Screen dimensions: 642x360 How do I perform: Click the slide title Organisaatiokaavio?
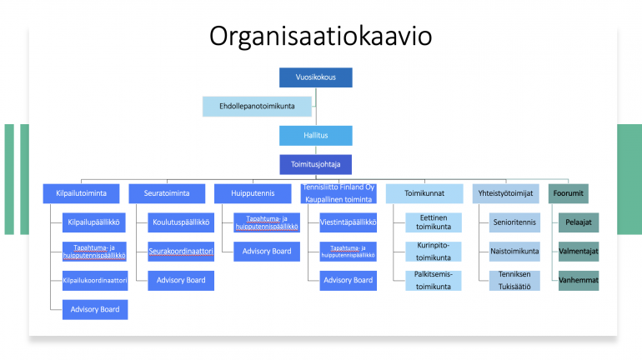click(321, 36)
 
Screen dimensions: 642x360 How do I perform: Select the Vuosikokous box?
click(316, 77)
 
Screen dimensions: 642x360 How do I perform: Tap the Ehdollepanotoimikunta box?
click(257, 107)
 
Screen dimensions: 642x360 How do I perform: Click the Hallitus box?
click(316, 135)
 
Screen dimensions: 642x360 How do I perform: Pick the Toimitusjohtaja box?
click(316, 164)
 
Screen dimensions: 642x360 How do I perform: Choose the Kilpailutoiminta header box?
click(81, 193)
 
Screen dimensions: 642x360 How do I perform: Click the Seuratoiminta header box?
click(167, 193)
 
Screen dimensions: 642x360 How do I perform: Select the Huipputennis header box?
click(253, 193)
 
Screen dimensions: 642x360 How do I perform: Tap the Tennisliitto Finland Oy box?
click(339, 193)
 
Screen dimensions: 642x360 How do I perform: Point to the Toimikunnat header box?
click(424, 193)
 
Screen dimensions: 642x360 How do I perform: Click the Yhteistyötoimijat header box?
click(505, 193)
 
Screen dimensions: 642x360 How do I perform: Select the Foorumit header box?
click(569, 193)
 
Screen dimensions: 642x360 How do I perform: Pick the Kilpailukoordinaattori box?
click(95, 281)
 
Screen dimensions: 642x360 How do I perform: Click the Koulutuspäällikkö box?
click(181, 222)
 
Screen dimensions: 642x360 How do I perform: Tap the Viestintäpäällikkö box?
click(348, 222)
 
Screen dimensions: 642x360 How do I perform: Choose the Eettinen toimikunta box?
click(434, 222)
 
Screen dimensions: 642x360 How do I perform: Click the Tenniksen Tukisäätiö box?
click(514, 281)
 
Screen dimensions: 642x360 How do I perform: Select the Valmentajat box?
click(579, 252)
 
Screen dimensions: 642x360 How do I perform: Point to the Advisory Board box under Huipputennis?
click(267, 252)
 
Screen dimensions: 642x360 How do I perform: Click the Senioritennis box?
click(514, 222)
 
